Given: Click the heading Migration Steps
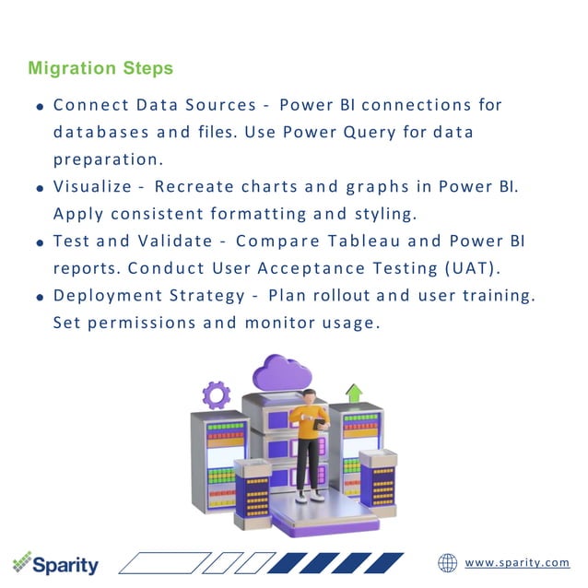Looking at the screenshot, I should [x=100, y=69].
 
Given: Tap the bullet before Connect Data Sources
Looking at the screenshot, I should [x=41, y=107].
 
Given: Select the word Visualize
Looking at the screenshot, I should [x=92, y=186].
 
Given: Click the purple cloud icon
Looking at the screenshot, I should [x=280, y=373].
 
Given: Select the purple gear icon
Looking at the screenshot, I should [x=217, y=394].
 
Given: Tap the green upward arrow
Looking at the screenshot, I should [x=354, y=394].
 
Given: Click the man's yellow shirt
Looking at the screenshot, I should [x=307, y=421].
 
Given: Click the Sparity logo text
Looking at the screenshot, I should [x=66, y=564].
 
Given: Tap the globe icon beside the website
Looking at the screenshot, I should [x=448, y=562].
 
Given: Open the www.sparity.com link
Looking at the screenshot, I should [x=517, y=563].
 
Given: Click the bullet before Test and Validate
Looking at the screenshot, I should [x=41, y=243].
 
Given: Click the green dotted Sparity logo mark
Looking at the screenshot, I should [x=22, y=561].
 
